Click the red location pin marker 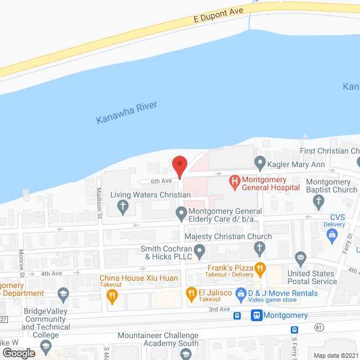point(179,166)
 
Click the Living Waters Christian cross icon point(121,206)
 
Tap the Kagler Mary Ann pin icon point(260,164)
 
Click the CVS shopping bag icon point(334,233)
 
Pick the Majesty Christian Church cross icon point(259,247)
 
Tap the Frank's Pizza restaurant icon point(259,269)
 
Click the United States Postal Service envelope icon point(300,259)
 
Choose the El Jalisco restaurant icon point(191,293)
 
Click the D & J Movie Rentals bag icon point(240,293)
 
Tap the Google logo point(19,353)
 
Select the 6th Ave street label point(160,181)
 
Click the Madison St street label point(99,202)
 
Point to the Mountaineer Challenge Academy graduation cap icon point(186,354)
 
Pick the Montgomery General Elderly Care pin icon point(181,213)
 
